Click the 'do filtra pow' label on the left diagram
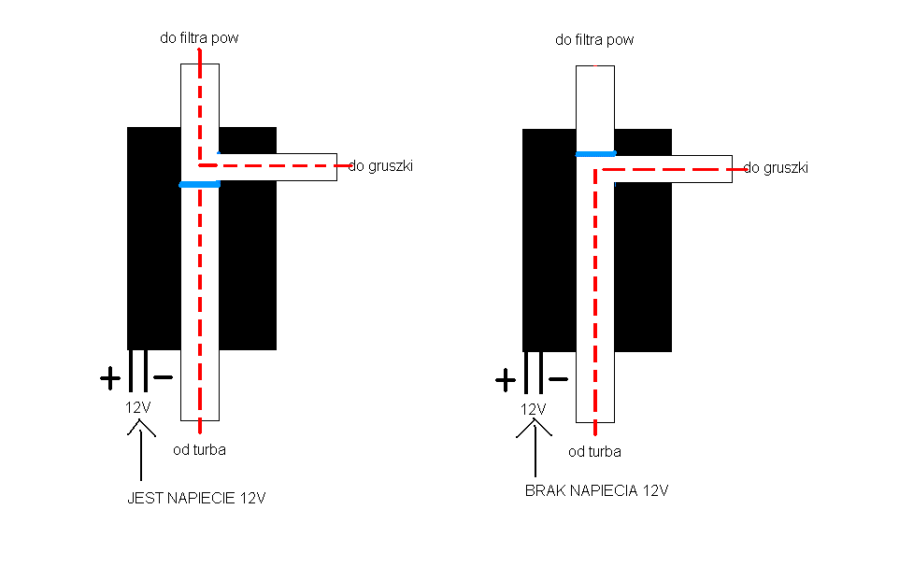click(x=199, y=38)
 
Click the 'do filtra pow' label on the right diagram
click(x=594, y=40)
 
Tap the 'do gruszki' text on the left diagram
click(x=380, y=166)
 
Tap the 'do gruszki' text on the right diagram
click(x=776, y=168)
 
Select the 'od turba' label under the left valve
click(x=200, y=449)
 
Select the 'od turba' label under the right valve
click(x=594, y=451)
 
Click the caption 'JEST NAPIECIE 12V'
click(x=196, y=498)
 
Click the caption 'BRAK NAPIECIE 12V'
click(x=597, y=490)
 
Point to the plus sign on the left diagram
click(x=110, y=378)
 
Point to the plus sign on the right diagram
click(x=506, y=380)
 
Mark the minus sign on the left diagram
click(x=163, y=377)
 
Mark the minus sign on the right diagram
click(x=559, y=378)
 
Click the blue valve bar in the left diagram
click(x=200, y=185)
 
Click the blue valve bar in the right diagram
click(x=595, y=153)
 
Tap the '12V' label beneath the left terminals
click(x=137, y=407)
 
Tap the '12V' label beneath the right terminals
click(x=533, y=409)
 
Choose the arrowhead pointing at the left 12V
click(x=140, y=428)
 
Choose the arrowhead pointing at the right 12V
click(x=535, y=428)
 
